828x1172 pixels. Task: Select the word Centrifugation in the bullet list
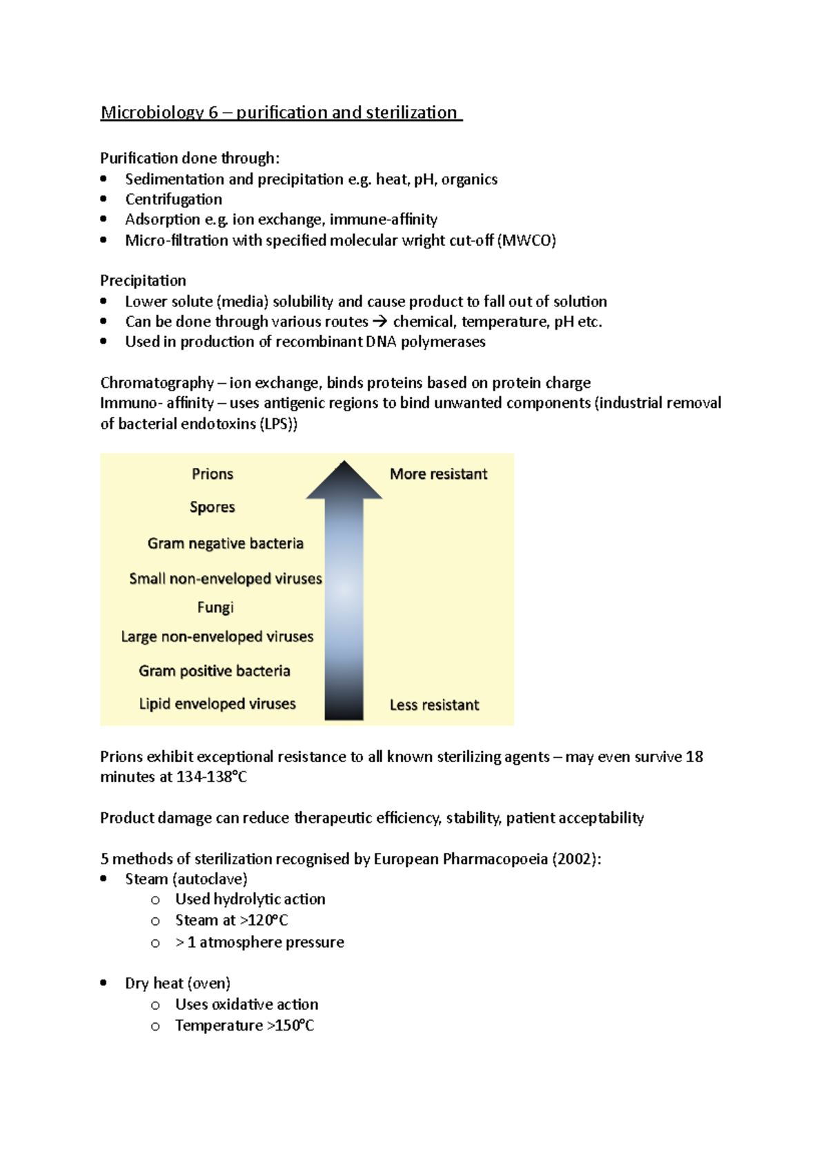click(x=174, y=199)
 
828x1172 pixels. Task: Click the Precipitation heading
click(x=143, y=280)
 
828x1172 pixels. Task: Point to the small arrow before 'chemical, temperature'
click(x=380, y=322)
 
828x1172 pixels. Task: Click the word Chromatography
click(x=157, y=382)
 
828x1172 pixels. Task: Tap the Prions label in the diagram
click(x=213, y=474)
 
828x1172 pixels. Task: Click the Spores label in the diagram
click(x=213, y=507)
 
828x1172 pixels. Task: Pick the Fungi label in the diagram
click(x=215, y=607)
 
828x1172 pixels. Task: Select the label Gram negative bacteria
click(x=226, y=543)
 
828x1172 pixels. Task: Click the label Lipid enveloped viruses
click(x=217, y=704)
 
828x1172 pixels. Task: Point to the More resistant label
click(x=438, y=474)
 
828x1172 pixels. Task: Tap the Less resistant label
click(x=434, y=705)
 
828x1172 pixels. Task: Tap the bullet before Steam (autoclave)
click(x=103, y=879)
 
